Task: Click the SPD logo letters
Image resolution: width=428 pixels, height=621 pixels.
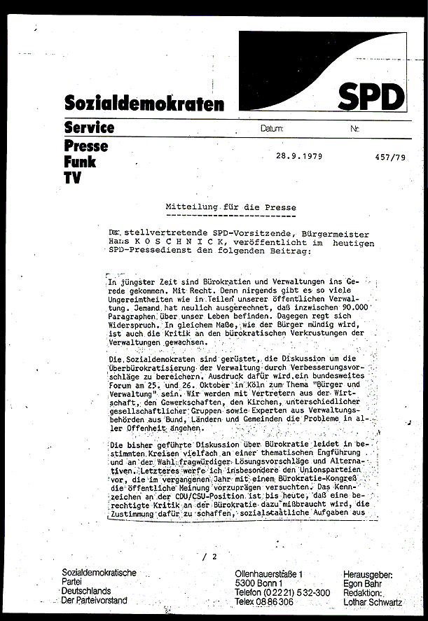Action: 372,97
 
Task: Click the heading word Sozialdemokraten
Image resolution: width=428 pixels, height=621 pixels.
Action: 144,104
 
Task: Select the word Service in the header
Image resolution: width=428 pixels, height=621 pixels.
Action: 89,127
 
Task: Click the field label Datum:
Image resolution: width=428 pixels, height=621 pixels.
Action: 271,130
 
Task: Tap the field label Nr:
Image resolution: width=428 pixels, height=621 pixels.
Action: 354,130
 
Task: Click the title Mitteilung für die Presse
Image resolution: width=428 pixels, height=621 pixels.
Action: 230,208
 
